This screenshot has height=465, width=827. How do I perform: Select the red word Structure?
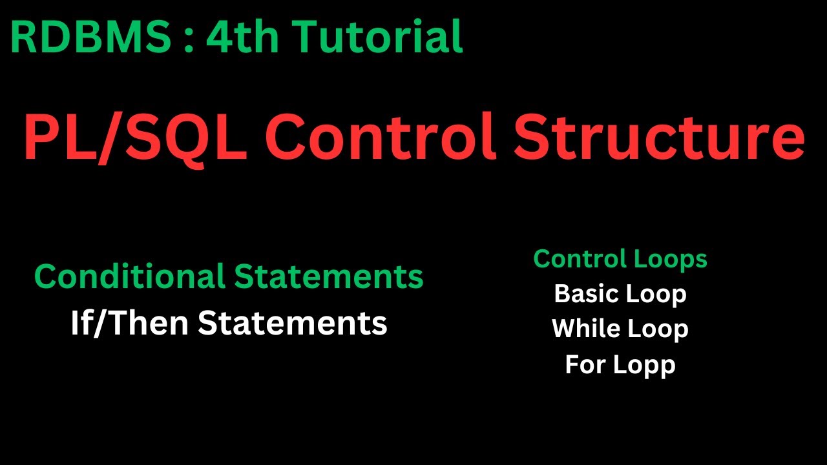(659, 138)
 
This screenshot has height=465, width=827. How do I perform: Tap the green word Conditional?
(129, 276)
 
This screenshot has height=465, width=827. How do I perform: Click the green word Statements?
(328, 276)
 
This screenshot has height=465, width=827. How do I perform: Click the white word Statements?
(292, 323)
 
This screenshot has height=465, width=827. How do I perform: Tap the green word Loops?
(671, 259)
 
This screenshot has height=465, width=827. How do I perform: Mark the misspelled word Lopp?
(644, 366)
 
